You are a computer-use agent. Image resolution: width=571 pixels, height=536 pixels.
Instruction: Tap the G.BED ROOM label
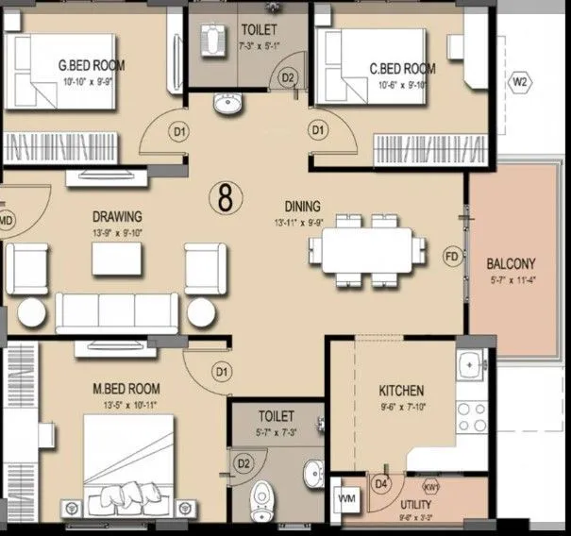coord(92,66)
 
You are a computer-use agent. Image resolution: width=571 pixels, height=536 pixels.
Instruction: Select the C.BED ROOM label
coord(402,68)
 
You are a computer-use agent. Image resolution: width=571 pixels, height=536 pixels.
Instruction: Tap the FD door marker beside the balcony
coord(452,255)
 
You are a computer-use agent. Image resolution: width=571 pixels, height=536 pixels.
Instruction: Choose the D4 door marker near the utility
coord(381,484)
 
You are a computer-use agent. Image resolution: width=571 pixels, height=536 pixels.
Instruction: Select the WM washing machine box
coord(345,496)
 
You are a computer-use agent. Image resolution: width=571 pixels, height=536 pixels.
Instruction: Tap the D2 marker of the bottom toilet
coord(244,462)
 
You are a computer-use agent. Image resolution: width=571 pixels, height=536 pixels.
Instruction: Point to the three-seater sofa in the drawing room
coord(116,309)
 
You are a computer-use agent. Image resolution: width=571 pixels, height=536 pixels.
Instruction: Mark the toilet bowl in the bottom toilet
coord(262,497)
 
